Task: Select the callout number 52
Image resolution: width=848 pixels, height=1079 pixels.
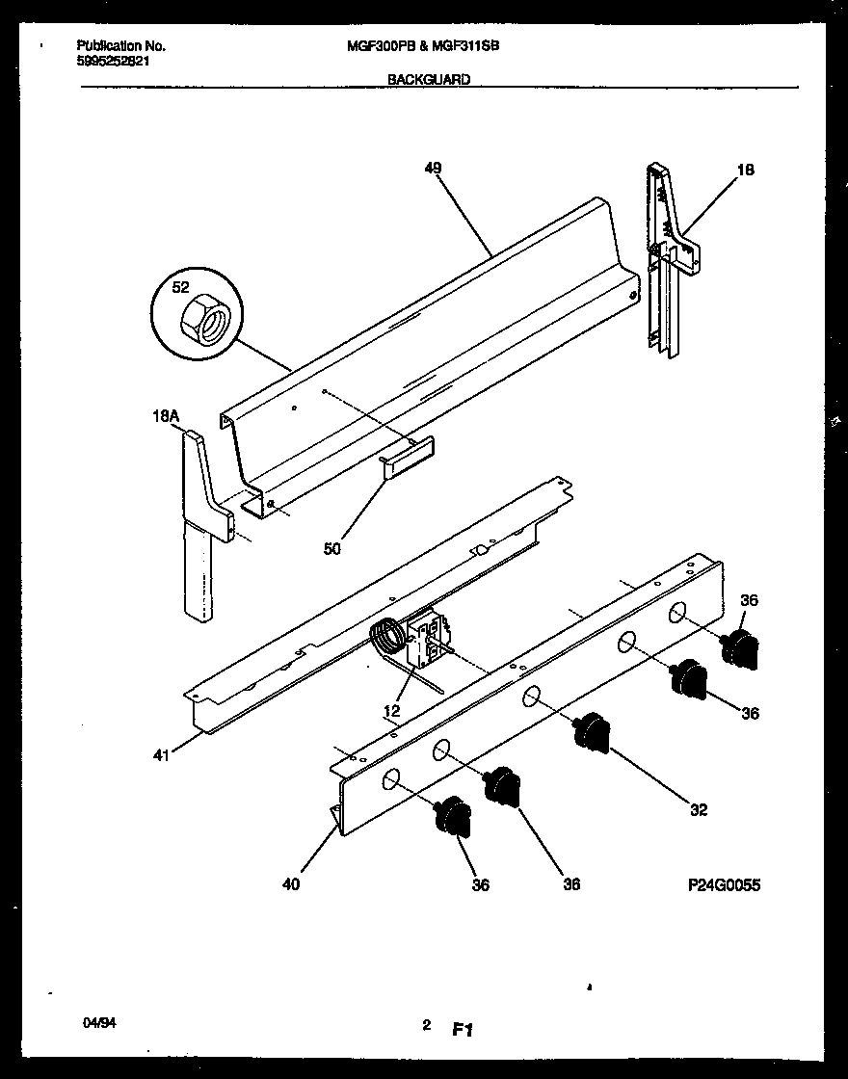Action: click(180, 287)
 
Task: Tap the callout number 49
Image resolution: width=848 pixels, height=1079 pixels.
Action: click(433, 168)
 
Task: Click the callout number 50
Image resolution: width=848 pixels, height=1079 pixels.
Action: click(331, 548)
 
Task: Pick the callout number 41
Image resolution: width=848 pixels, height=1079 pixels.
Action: click(161, 755)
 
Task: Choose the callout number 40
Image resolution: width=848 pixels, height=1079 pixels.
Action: click(291, 884)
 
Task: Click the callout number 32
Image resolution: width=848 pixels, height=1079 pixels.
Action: click(699, 809)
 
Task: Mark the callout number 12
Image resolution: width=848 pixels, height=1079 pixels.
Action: click(392, 711)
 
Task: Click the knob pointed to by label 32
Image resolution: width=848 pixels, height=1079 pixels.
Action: click(593, 731)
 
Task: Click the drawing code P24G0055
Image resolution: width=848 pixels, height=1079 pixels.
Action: click(725, 884)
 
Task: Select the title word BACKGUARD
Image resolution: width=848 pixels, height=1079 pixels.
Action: click(429, 80)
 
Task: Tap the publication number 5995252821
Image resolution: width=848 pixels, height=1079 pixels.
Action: click(113, 61)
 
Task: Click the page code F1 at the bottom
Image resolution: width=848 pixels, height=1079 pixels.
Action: click(462, 1030)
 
